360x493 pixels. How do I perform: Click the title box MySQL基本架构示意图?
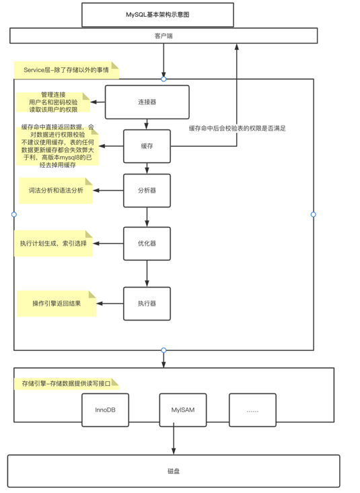tap(157, 15)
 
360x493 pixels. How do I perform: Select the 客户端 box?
tap(164, 36)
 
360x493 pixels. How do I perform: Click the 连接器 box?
tap(147, 102)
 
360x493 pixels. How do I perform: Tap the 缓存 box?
tap(147, 146)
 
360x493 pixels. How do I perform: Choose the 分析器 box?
tap(147, 191)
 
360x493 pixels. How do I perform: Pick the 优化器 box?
tap(147, 243)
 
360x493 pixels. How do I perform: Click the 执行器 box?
tap(147, 304)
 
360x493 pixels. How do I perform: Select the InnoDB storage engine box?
tap(105, 410)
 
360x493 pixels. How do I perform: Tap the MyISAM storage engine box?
tap(182, 410)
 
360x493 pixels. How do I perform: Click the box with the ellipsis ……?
tap(252, 410)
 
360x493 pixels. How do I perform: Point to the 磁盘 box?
tap(173, 471)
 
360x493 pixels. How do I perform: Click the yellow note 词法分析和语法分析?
tap(55, 191)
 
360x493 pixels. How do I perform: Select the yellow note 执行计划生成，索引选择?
tap(53, 243)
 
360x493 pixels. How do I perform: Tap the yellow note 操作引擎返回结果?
tap(57, 304)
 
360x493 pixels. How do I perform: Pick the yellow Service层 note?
tap(66, 69)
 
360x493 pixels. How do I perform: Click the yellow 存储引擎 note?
tap(66, 383)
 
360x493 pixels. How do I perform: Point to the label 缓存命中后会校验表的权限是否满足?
tap(237, 128)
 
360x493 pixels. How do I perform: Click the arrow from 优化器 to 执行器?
tap(147, 273)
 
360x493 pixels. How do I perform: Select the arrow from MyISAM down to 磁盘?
tap(174, 440)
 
